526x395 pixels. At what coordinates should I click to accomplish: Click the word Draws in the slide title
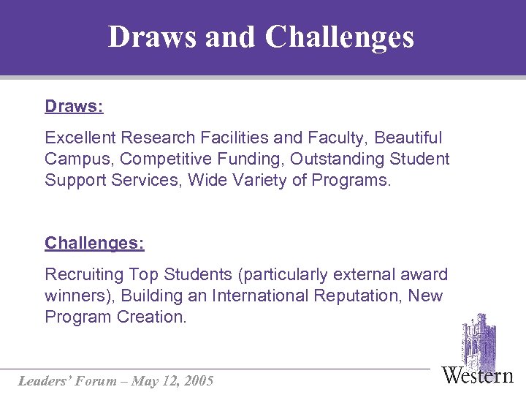(153, 37)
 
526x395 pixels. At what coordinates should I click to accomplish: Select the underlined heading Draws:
(74, 107)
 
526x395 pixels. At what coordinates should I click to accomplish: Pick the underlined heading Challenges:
(94, 243)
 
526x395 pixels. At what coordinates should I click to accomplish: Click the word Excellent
(80, 138)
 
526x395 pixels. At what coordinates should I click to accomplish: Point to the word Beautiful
(408, 138)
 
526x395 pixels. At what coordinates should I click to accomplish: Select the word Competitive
(161, 159)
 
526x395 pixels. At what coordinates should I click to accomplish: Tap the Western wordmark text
(478, 375)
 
